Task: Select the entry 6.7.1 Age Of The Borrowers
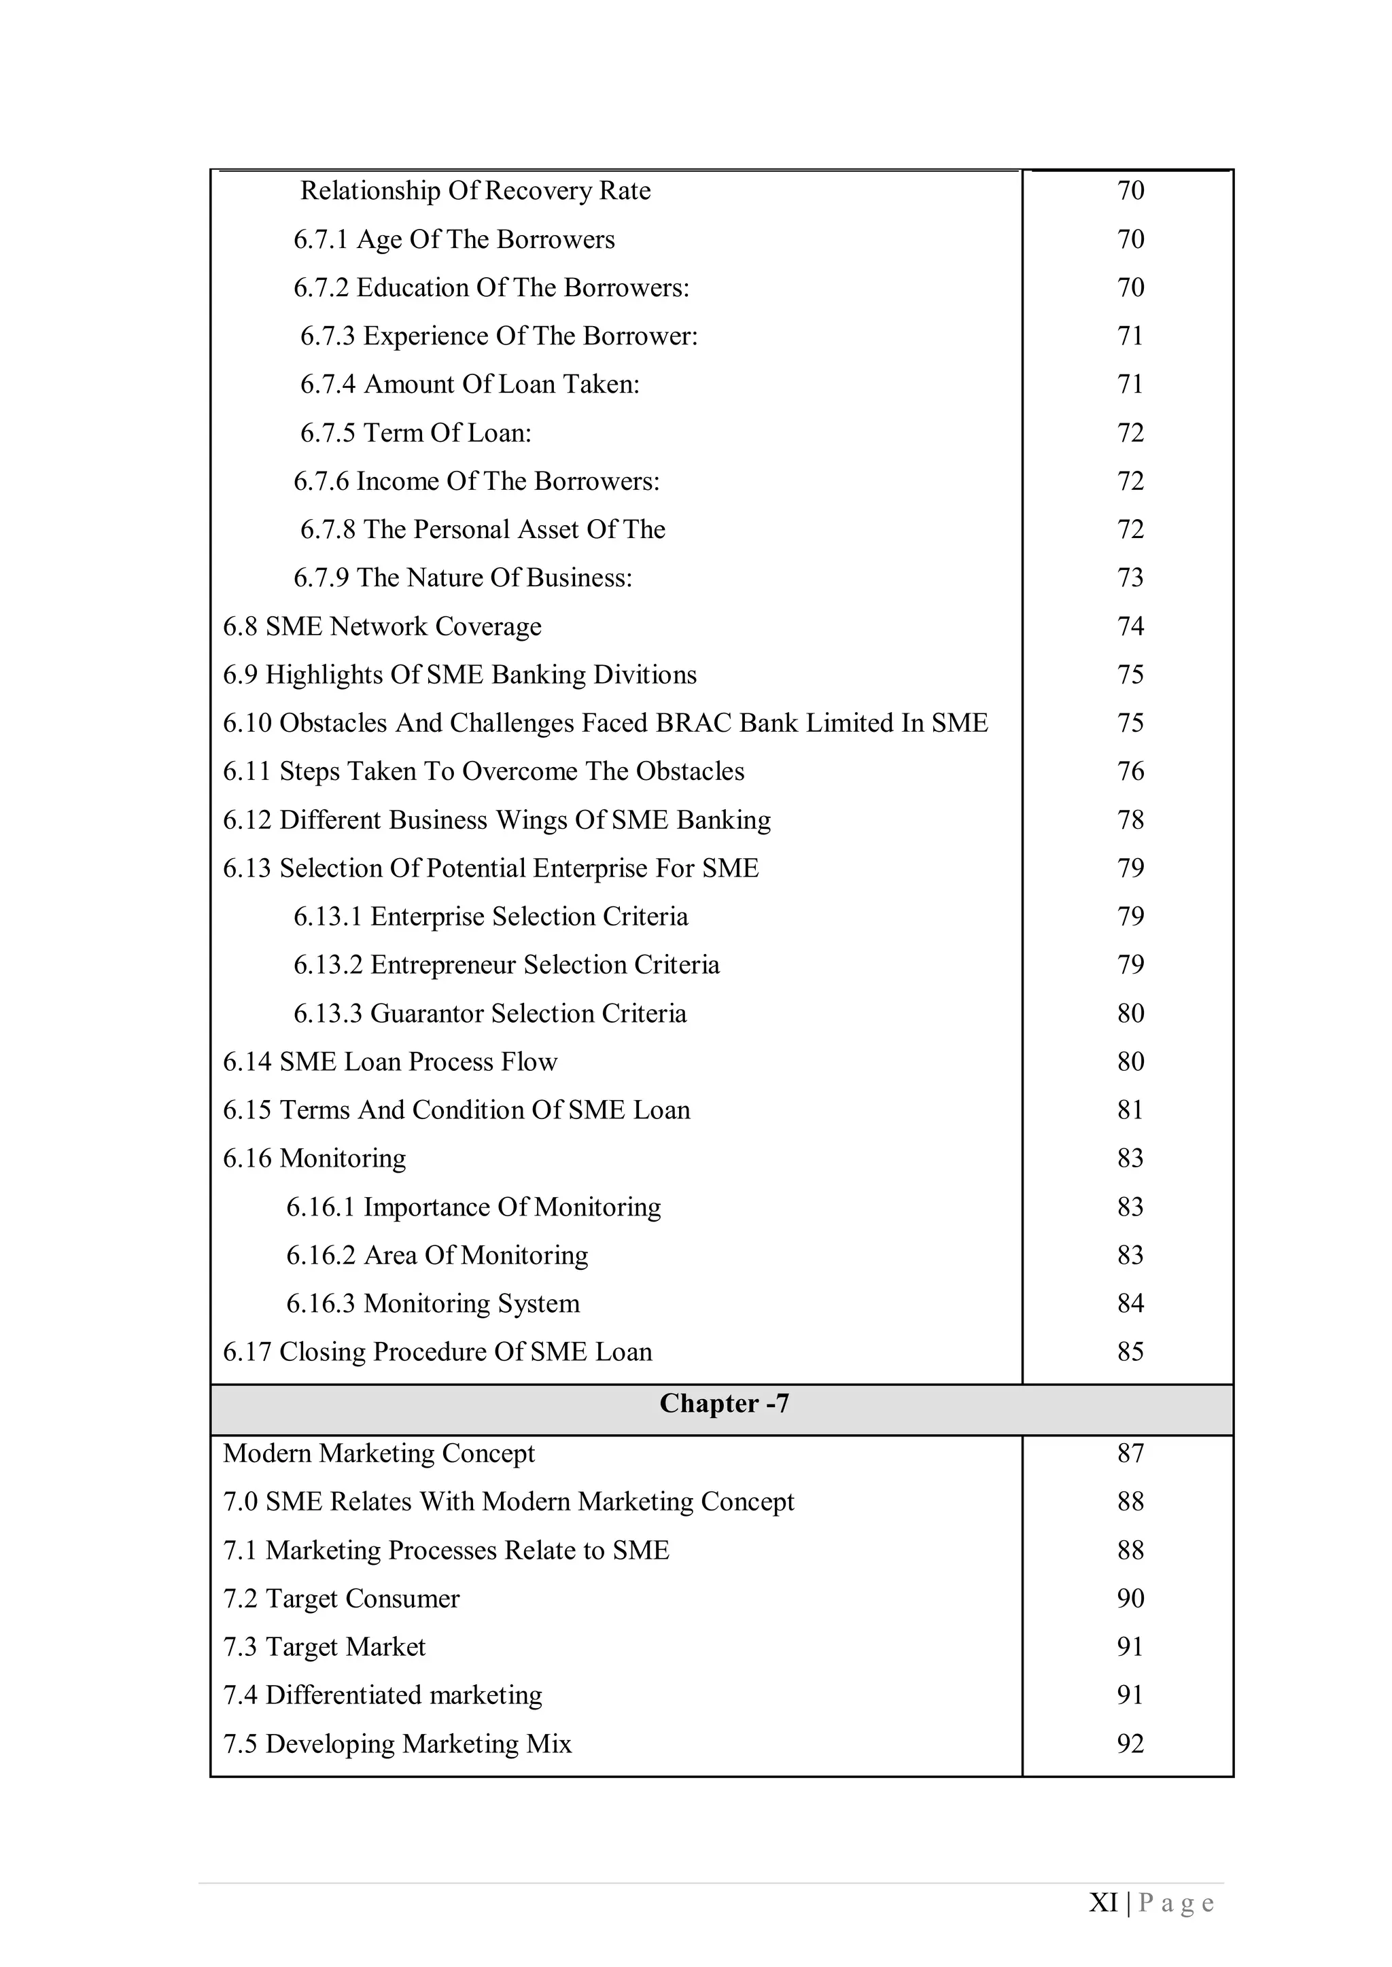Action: click(x=453, y=239)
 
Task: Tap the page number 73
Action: click(x=1130, y=578)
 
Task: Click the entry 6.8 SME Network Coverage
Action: click(x=381, y=626)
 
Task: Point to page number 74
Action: click(x=1130, y=626)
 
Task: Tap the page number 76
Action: click(x=1130, y=771)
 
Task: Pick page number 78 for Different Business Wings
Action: click(x=1130, y=820)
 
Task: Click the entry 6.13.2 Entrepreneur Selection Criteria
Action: click(x=506, y=965)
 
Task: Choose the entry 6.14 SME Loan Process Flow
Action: click(x=390, y=1061)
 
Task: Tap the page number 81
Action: click(x=1130, y=1110)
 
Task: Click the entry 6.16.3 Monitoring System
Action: click(x=433, y=1303)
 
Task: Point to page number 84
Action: click(x=1130, y=1303)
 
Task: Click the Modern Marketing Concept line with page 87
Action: click(x=378, y=1453)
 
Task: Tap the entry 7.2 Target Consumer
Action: click(x=341, y=1598)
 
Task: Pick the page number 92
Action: click(x=1130, y=1743)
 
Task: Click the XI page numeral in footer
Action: click(x=1102, y=1902)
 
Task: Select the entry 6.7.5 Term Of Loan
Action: click(x=416, y=433)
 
